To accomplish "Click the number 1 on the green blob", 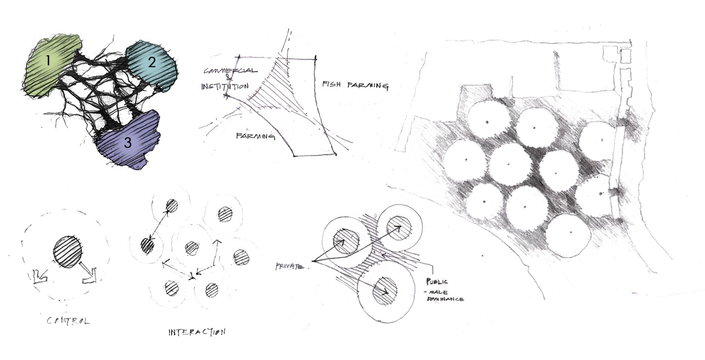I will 48,60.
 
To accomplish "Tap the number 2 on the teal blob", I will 152,62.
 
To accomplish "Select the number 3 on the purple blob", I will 128,143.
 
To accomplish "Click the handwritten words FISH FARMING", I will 355,85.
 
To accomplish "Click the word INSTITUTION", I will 224,86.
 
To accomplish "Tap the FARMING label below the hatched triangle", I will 255,136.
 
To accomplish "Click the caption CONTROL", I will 68,321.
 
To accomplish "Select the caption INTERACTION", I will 197,332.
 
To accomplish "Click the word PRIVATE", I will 290,267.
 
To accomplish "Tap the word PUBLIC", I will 437,282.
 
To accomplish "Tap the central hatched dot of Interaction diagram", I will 192,248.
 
